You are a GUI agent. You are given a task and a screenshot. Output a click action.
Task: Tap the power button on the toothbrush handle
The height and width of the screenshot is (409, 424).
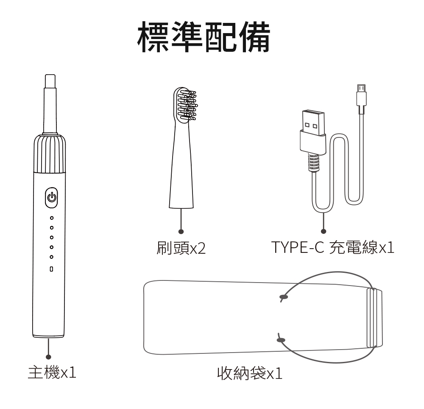[x=51, y=198]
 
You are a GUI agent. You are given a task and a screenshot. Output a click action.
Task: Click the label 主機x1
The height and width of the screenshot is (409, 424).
[x=52, y=373]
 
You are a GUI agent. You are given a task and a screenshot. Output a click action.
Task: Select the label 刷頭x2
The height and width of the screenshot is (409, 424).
[x=181, y=248]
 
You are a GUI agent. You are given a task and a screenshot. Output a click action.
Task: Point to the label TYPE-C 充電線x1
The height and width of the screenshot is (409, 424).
[x=333, y=247]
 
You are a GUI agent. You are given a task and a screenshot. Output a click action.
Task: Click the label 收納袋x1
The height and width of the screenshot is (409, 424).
[x=249, y=373]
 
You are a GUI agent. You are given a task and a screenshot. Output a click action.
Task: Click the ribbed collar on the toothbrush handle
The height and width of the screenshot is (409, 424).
[x=50, y=155]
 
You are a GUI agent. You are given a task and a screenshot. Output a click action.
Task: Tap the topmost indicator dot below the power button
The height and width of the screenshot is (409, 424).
[x=51, y=218]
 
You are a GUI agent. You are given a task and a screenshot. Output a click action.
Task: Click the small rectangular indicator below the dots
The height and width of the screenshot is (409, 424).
[x=51, y=269]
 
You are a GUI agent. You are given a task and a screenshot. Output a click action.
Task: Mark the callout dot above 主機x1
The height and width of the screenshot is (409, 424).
[x=49, y=357]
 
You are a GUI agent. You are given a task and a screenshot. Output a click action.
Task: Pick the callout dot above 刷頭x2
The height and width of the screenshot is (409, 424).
[x=181, y=231]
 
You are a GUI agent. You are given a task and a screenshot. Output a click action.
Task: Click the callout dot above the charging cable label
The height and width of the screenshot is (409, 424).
[x=324, y=231]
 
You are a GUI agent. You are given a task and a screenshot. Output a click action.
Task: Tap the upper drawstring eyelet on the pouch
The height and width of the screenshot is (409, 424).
[x=283, y=297]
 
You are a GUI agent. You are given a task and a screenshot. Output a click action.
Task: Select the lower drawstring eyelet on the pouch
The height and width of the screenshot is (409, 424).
[x=281, y=339]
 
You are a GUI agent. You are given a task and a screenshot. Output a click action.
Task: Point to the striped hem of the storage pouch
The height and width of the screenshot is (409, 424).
[x=372, y=318]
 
